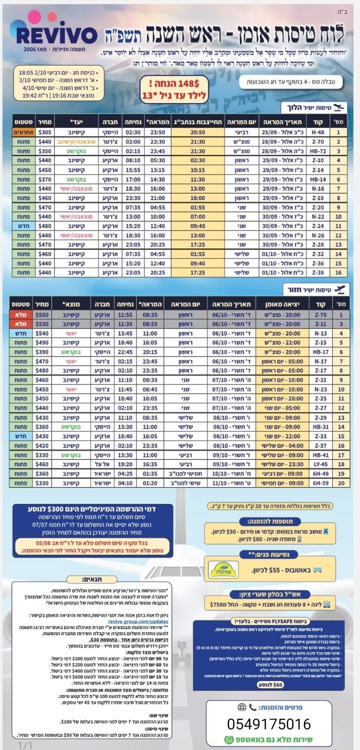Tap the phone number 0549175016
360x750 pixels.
[269, 724]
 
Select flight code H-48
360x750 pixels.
[318, 132]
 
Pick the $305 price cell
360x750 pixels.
[45, 132]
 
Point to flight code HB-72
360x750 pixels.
[318, 151]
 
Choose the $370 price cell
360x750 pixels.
[45, 179]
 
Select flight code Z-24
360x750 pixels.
[318, 226]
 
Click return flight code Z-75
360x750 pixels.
[321, 315]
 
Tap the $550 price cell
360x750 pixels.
[42, 315]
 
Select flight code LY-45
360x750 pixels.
[321, 464]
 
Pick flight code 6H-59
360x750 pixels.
[321, 483]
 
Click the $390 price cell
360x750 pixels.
[42, 352]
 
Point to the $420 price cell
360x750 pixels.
[42, 446]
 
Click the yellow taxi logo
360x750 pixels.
[223, 570]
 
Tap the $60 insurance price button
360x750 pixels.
[271, 684]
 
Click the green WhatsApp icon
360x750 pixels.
[229, 740]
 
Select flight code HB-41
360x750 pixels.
[321, 455]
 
